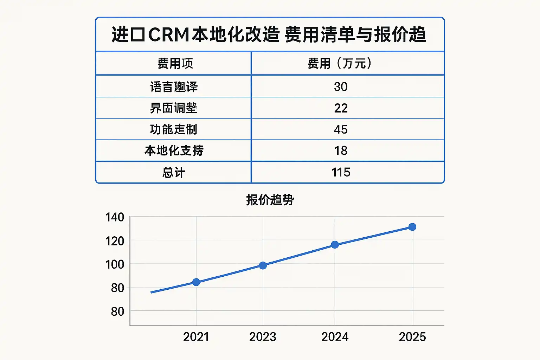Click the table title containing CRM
click(x=269, y=35)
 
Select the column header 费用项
click(x=175, y=64)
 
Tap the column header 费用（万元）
click(x=340, y=64)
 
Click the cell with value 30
click(x=341, y=87)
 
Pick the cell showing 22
click(x=341, y=108)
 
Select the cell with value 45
click(x=341, y=129)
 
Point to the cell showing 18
click(x=341, y=151)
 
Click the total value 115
click(x=341, y=172)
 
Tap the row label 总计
click(x=174, y=173)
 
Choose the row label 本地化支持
click(x=174, y=151)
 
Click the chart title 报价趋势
click(x=270, y=200)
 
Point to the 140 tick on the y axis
click(x=115, y=217)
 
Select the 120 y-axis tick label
click(x=115, y=241)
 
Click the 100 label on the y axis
click(x=115, y=264)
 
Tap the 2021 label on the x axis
click(x=196, y=337)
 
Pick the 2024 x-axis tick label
click(x=335, y=337)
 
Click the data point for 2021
click(x=196, y=282)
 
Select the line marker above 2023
click(x=263, y=265)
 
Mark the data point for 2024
click(x=335, y=245)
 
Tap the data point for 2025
click(x=412, y=227)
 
